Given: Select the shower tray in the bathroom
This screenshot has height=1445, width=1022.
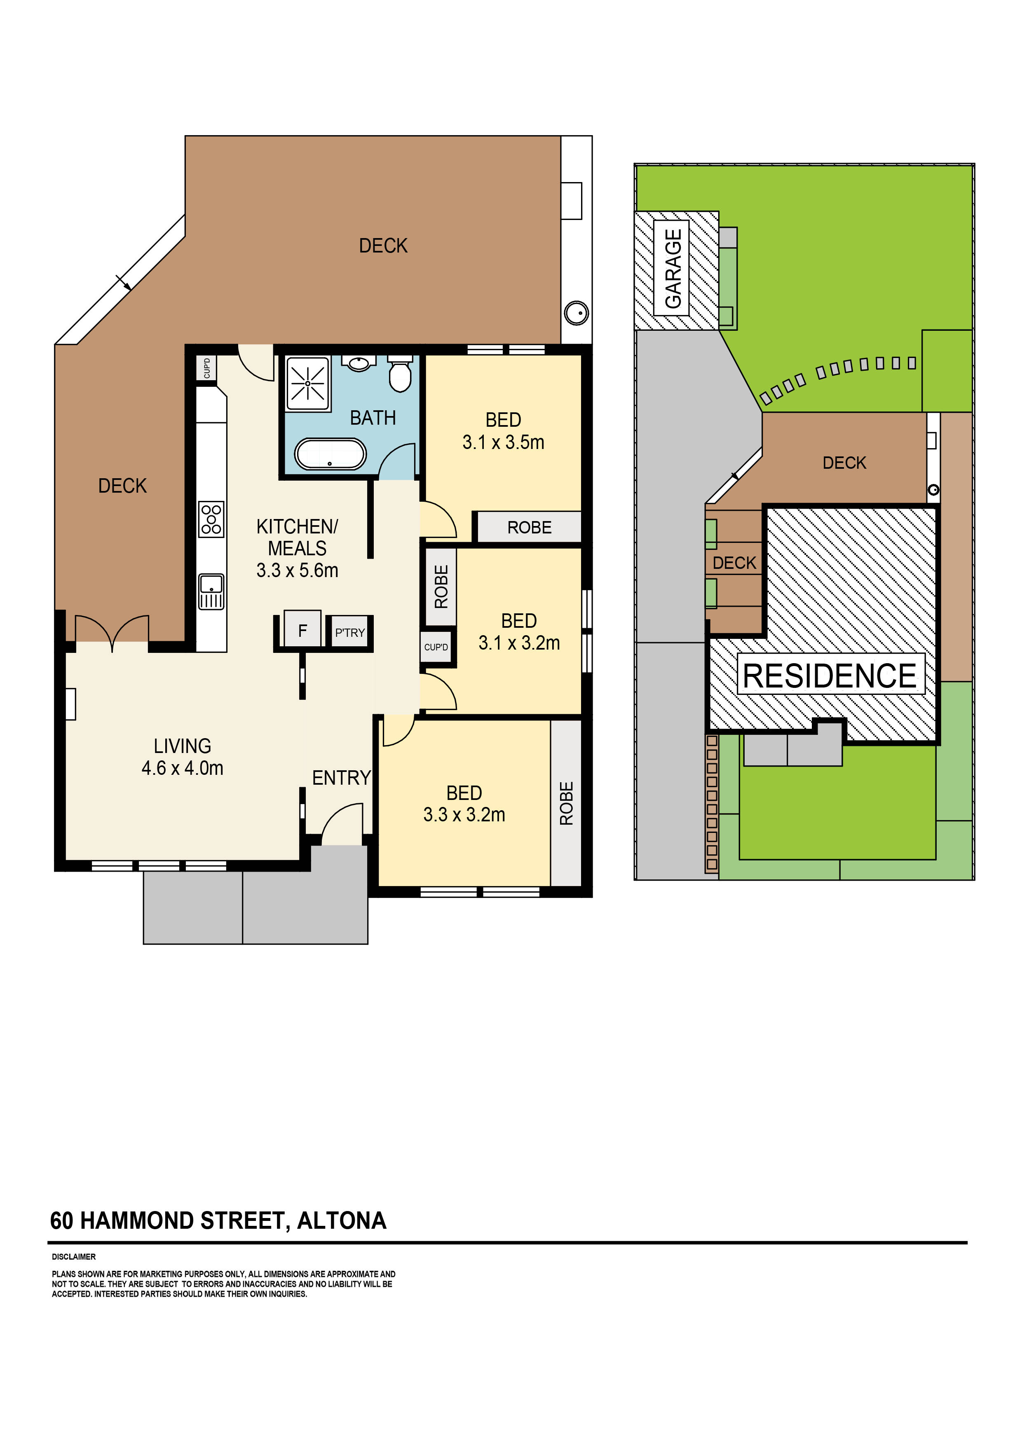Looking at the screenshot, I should [307, 383].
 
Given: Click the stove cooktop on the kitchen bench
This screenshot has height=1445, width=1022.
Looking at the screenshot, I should [211, 519].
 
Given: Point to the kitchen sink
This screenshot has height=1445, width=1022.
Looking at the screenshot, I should [211, 592].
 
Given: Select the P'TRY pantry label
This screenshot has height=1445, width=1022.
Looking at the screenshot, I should [349, 633].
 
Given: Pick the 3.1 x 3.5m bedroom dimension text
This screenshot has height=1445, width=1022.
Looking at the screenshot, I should [503, 442].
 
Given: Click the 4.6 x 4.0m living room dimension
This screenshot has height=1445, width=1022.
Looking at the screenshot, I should [182, 768].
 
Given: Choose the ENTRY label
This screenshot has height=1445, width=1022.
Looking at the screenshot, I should [341, 778].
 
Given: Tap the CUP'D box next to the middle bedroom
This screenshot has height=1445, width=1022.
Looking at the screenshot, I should [436, 647].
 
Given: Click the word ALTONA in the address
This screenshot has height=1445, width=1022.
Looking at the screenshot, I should [341, 1221].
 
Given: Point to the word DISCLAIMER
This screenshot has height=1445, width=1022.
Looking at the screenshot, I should [74, 1257].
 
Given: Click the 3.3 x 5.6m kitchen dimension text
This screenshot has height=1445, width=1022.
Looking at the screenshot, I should [297, 570].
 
